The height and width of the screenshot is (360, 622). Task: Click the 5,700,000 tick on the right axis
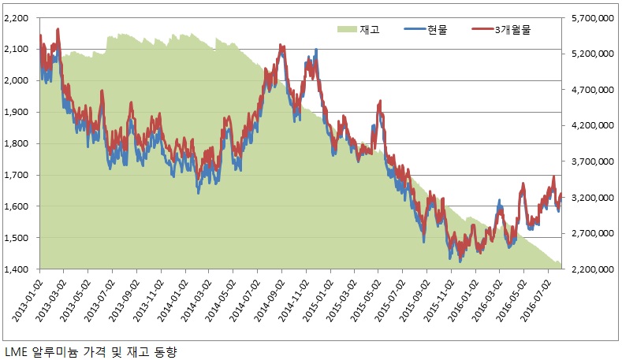pos(592,17)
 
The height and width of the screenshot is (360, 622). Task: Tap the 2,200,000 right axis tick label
pos(592,269)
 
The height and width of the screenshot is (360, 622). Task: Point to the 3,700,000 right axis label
pos(592,161)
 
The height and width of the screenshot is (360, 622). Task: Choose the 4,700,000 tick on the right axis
pos(592,90)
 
